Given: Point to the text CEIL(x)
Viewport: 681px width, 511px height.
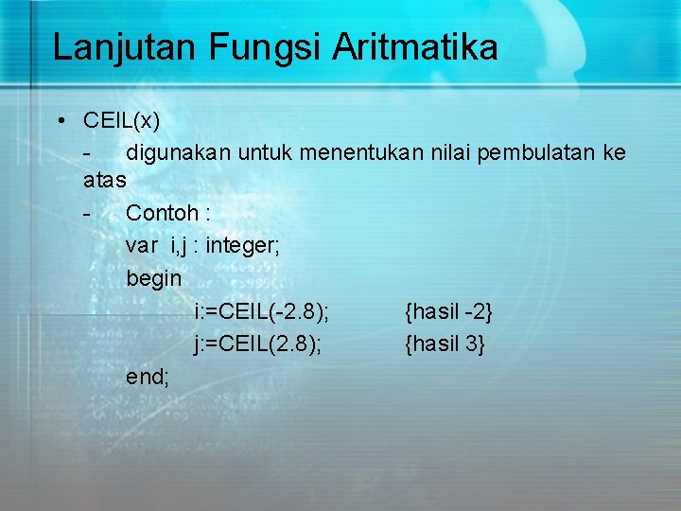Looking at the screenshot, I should pyautogui.click(x=121, y=121).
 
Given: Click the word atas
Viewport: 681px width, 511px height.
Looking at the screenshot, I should pyautogui.click(x=104, y=178).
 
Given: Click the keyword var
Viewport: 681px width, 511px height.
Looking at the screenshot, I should pyautogui.click(x=142, y=246).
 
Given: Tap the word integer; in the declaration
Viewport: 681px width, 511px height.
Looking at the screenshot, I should pyautogui.click(x=242, y=246).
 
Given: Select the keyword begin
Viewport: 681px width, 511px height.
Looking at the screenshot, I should pyautogui.click(x=154, y=278).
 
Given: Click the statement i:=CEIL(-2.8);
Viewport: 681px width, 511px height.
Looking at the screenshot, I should pyautogui.click(x=261, y=311).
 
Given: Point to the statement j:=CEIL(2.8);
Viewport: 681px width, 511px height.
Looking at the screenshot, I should pyautogui.click(x=257, y=344).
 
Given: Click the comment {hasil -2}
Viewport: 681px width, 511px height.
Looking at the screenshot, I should pyautogui.click(x=448, y=311).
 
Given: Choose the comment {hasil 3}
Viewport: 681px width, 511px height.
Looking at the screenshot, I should pyautogui.click(x=445, y=344).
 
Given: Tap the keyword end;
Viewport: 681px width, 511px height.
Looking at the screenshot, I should pyautogui.click(x=148, y=376).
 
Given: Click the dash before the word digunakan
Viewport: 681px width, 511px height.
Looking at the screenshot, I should pyautogui.click(x=87, y=152).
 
